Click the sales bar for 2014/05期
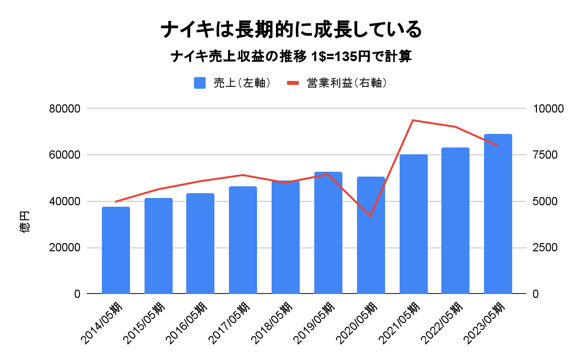pos(116,250)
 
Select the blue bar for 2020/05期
pos(371,235)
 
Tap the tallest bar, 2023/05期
pos(498,213)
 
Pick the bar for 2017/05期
pos(243,240)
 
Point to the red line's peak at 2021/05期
pos(413,120)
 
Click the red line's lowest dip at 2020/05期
pos(371,216)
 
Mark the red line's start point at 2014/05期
pos(116,201)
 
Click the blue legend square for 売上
pos(200,83)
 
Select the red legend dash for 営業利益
pos(294,83)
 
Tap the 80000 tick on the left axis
pos(65,109)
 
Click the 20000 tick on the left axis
pos(65,248)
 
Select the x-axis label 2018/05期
pos(274,323)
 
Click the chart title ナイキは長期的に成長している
pos(291,30)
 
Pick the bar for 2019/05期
pos(328,233)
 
